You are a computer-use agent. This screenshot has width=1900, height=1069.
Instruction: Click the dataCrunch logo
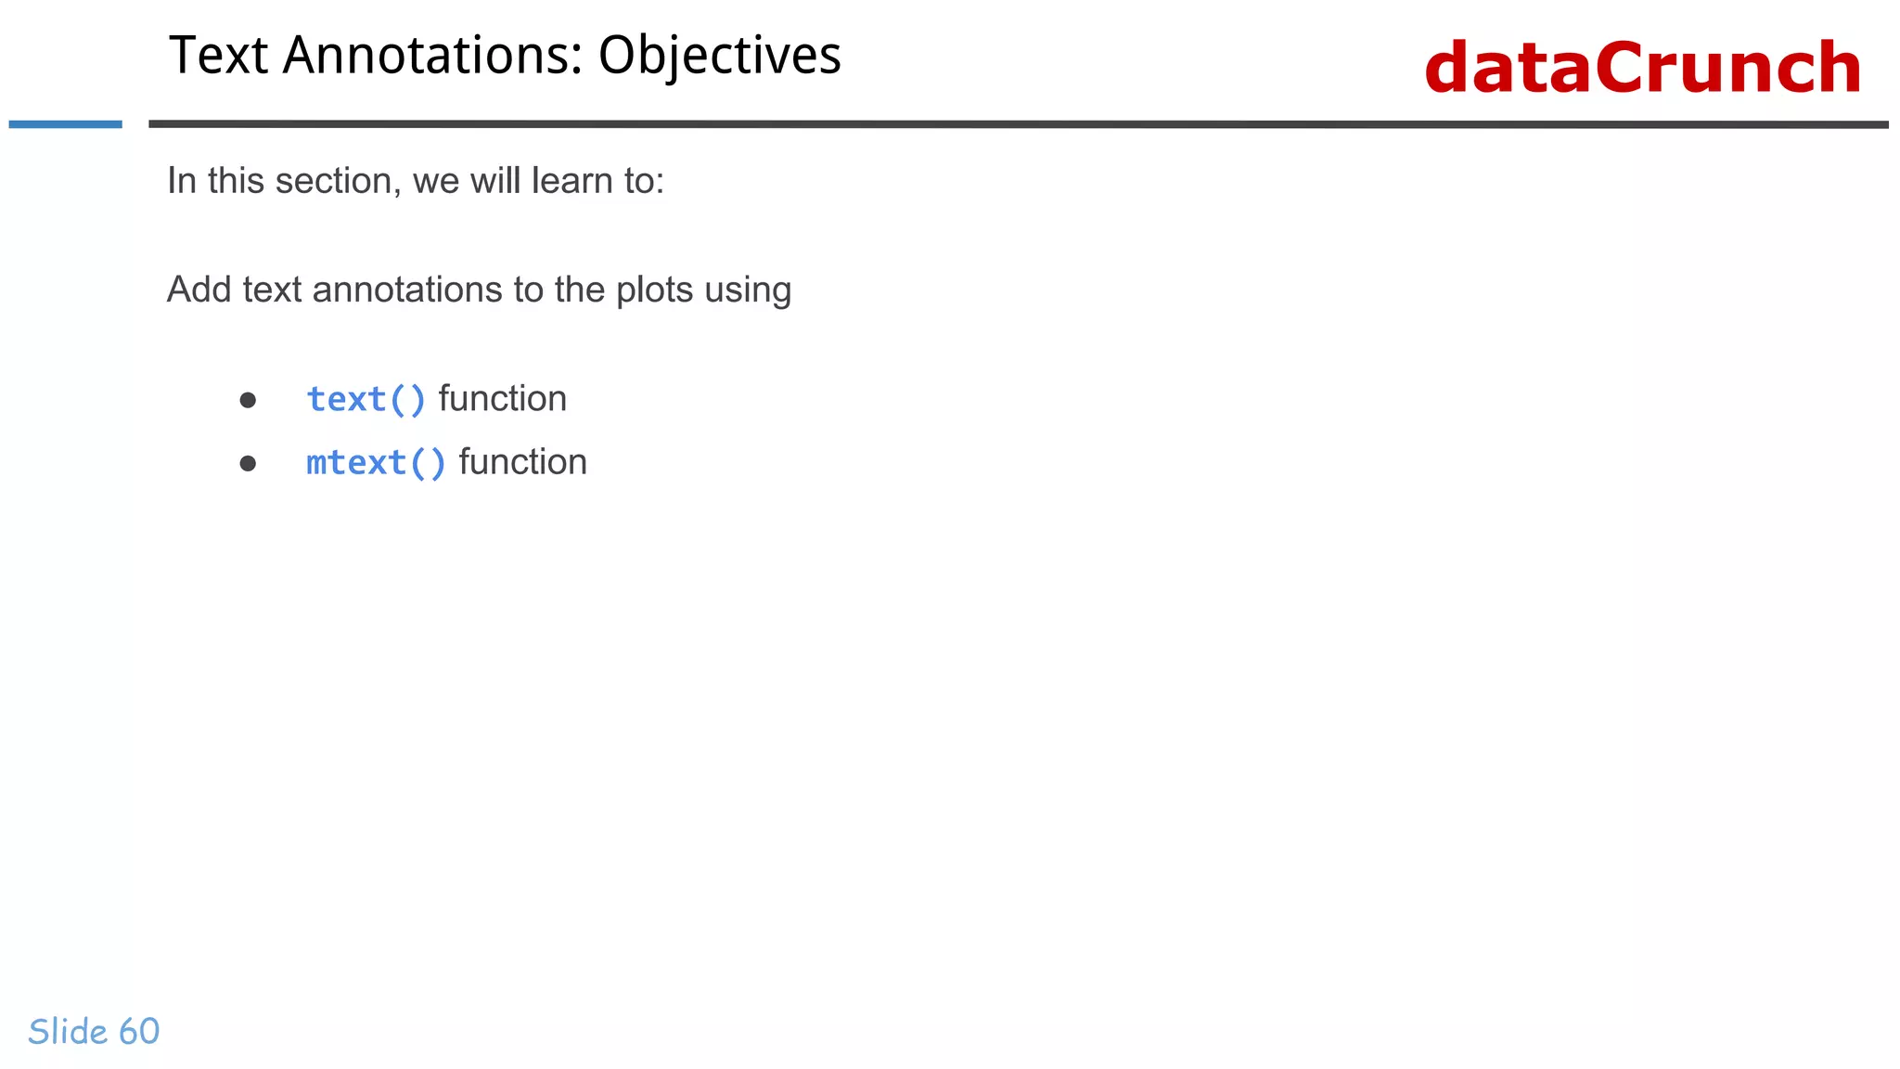pos(1642,68)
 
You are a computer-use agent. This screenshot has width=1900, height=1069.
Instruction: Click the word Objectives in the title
pos(719,56)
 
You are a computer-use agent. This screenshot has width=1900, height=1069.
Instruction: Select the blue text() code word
pos(366,400)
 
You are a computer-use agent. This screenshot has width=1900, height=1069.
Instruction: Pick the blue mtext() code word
pos(376,463)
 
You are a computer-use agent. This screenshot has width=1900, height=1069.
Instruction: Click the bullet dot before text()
pos(248,401)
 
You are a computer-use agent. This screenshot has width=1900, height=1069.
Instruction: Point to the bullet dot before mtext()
pos(248,463)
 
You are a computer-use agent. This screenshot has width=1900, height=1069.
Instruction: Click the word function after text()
pos(502,399)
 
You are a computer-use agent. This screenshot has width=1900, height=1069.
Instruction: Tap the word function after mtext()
pos(522,462)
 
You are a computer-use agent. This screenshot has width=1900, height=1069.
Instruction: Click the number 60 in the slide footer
pos(139,1032)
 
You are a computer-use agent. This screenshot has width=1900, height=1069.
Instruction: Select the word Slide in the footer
pos(68,1032)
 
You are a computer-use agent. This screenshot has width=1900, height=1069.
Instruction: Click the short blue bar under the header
pos(65,124)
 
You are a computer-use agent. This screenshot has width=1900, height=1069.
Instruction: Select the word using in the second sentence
pos(748,290)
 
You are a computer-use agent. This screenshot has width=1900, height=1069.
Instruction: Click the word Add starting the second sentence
pos(199,290)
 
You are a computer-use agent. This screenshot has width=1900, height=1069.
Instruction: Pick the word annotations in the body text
pos(407,290)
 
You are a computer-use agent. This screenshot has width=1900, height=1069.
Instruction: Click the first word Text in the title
pos(219,56)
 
